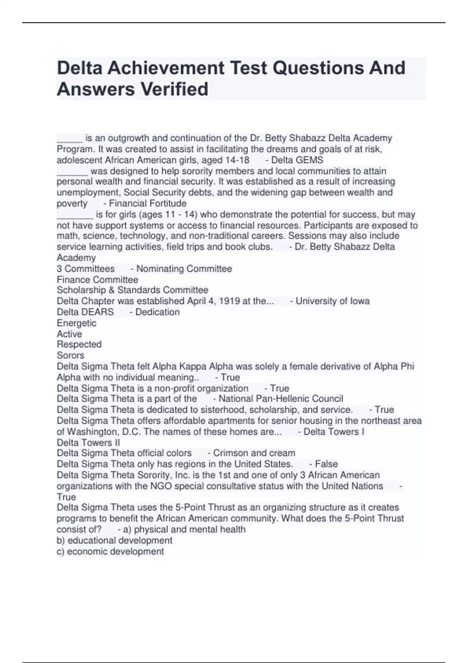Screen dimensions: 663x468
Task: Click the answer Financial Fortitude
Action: tap(147, 203)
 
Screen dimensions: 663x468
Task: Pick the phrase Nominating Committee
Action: tap(184, 269)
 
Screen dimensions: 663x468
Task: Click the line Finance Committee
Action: tap(97, 280)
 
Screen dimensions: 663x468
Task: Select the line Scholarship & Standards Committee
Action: tap(133, 290)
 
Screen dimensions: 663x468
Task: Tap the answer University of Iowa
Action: tap(332, 301)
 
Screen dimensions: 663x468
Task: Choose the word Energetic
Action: tap(76, 323)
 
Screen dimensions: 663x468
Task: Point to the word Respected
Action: tap(79, 344)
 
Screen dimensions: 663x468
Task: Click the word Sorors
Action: tap(71, 355)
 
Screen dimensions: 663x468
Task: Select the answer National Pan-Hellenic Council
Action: tap(280, 399)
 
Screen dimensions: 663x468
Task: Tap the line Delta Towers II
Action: tap(89, 443)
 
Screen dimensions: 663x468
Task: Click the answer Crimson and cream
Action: tap(254, 453)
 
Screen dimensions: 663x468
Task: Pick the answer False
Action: tap(326, 464)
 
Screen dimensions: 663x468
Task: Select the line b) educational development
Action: tap(115, 541)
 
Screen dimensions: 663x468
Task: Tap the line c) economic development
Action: tap(110, 551)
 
